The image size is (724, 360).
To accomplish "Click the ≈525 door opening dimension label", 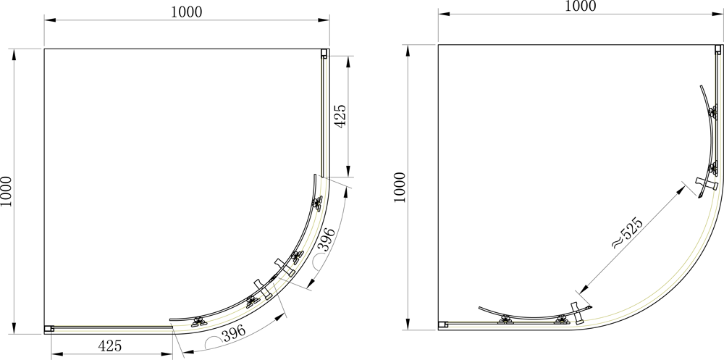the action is pos(627,233).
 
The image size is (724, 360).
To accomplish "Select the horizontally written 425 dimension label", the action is pos(110,346).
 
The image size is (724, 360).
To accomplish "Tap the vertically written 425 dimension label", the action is pos(340,116).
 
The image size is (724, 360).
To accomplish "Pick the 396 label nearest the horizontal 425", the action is pos(234,334).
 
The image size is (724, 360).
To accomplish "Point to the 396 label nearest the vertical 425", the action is pos(327,239).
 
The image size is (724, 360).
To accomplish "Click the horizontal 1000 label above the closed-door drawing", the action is pos(187,12).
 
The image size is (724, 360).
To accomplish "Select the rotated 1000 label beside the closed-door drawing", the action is pos(6,191).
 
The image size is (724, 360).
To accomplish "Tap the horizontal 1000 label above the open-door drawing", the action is pos(581,6).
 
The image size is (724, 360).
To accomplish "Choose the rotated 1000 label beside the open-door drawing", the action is pos(400,187).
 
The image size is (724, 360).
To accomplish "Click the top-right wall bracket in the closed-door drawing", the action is pos(325,53).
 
